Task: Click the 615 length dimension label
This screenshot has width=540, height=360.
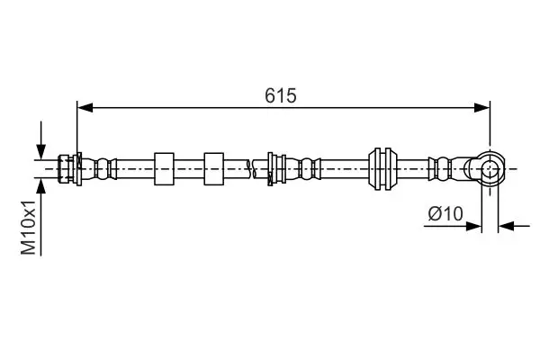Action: [280, 95]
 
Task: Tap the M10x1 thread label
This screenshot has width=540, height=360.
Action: [28, 227]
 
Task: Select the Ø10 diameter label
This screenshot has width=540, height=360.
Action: [445, 214]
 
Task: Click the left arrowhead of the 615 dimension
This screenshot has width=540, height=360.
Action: [85, 107]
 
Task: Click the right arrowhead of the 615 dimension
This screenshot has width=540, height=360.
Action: [481, 107]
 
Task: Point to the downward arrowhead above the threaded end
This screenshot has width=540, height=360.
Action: [41, 152]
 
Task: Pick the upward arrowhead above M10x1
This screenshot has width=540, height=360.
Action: [41, 186]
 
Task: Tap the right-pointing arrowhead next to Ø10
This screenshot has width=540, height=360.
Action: [473, 226]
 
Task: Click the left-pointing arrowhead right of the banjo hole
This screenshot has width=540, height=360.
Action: [506, 226]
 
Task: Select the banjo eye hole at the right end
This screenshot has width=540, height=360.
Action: [490, 169]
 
